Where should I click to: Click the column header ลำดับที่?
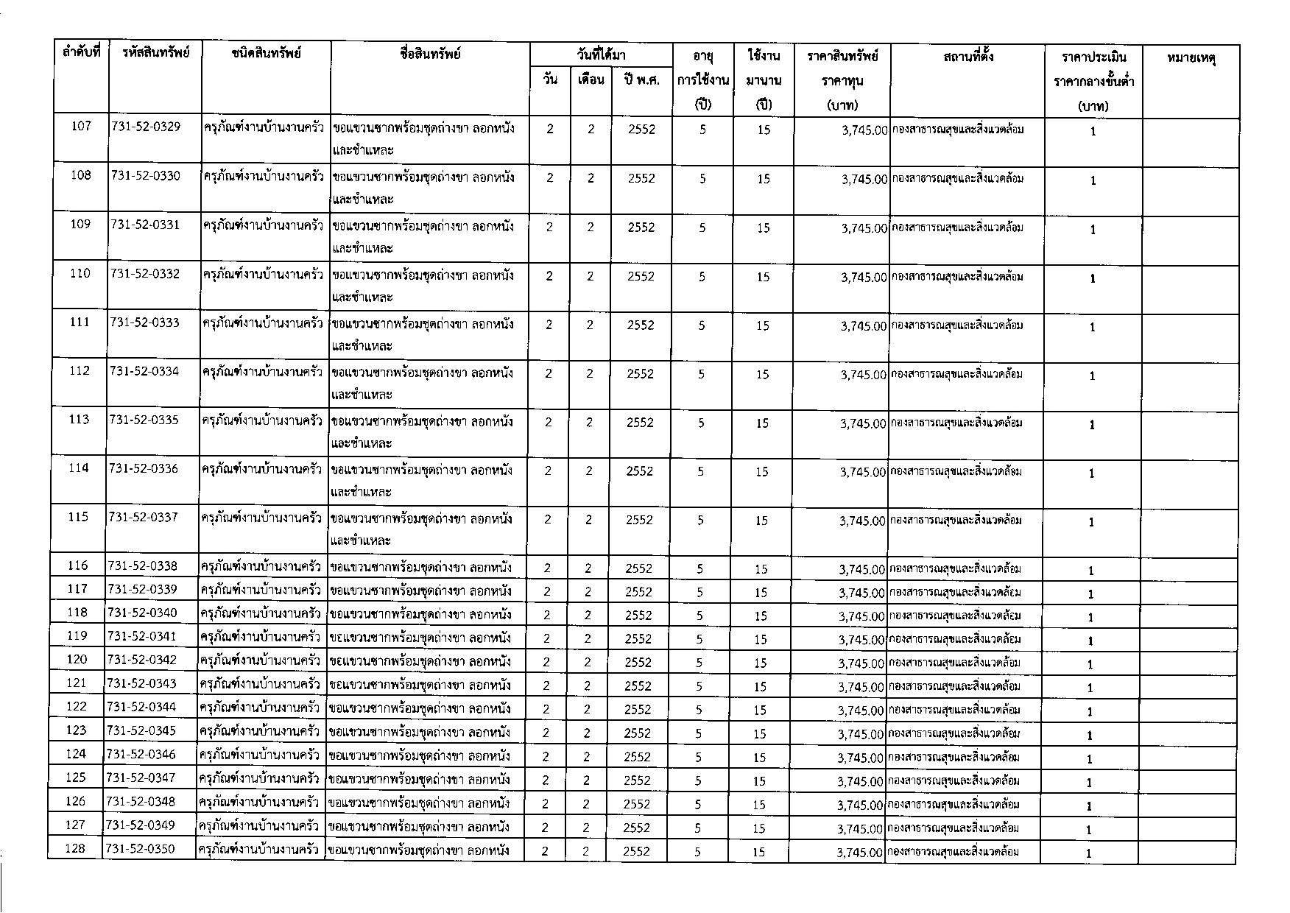tap(82, 54)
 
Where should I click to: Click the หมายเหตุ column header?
tap(1191, 57)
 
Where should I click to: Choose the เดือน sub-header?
tap(591, 80)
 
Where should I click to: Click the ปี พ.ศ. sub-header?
tap(641, 80)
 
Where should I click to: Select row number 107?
tap(81, 127)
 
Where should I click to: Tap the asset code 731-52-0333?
tap(144, 322)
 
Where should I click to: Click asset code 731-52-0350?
tap(141, 849)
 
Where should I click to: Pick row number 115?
tap(78, 517)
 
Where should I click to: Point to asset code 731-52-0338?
tap(142, 566)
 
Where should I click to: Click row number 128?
tap(75, 849)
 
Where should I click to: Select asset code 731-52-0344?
tap(141, 707)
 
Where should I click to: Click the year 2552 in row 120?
tap(638, 662)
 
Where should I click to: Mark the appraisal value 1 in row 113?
tap(1093, 425)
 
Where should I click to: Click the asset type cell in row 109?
tap(263, 226)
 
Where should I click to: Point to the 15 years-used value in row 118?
tap(761, 616)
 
